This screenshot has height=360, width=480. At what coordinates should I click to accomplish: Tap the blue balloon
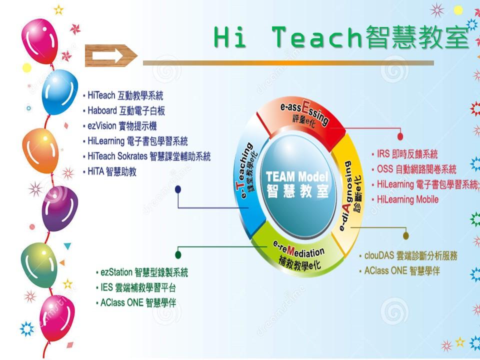(x=59, y=92)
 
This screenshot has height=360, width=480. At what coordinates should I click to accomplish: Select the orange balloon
(x=40, y=150)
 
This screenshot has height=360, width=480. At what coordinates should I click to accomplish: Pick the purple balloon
(x=59, y=208)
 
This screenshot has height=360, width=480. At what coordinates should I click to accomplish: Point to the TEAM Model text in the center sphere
(x=296, y=177)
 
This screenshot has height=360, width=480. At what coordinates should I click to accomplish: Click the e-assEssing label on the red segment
(x=304, y=111)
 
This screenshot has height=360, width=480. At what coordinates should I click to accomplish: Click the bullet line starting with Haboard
(x=124, y=110)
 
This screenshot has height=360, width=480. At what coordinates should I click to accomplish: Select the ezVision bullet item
(x=119, y=126)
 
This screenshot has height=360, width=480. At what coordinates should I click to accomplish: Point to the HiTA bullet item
(x=109, y=171)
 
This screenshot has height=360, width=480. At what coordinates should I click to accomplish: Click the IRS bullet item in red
(x=404, y=153)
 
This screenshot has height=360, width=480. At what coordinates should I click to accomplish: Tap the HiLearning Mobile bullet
(x=405, y=199)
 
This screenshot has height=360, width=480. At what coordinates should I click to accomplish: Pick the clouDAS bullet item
(x=408, y=255)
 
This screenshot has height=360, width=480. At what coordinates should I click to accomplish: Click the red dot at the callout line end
(x=400, y=136)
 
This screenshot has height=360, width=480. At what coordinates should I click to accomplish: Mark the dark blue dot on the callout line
(x=178, y=189)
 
